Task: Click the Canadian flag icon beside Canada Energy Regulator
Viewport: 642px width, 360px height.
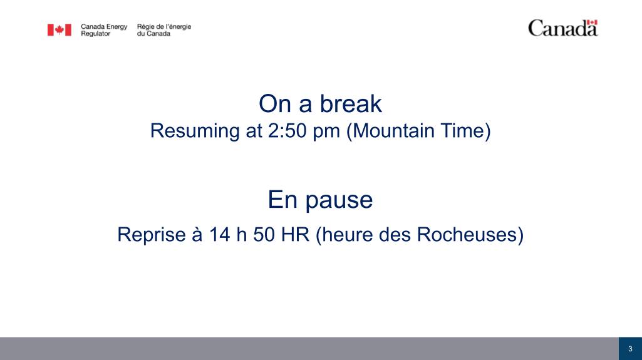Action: coord(60,30)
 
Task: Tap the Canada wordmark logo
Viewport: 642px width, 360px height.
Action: coord(563,28)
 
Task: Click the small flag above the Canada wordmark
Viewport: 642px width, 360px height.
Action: coord(592,23)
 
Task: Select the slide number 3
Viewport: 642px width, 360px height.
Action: coord(630,349)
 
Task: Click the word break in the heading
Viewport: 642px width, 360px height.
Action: coord(351,104)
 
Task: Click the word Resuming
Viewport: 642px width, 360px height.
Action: coord(195,131)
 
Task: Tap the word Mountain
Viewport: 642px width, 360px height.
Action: coord(393,131)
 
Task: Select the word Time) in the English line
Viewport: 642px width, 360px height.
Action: coord(465,131)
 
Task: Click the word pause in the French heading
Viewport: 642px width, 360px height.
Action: coord(339,201)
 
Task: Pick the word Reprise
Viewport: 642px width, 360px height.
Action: coord(152,235)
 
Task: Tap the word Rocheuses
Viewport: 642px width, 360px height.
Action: coord(467,235)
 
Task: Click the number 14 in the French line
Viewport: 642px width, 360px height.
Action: coord(219,235)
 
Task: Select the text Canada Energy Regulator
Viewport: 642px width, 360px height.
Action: coord(104,30)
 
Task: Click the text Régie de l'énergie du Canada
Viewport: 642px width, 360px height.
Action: coord(163,30)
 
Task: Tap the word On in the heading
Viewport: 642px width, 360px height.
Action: coord(275,104)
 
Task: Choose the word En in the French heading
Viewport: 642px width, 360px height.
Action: coord(282,200)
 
